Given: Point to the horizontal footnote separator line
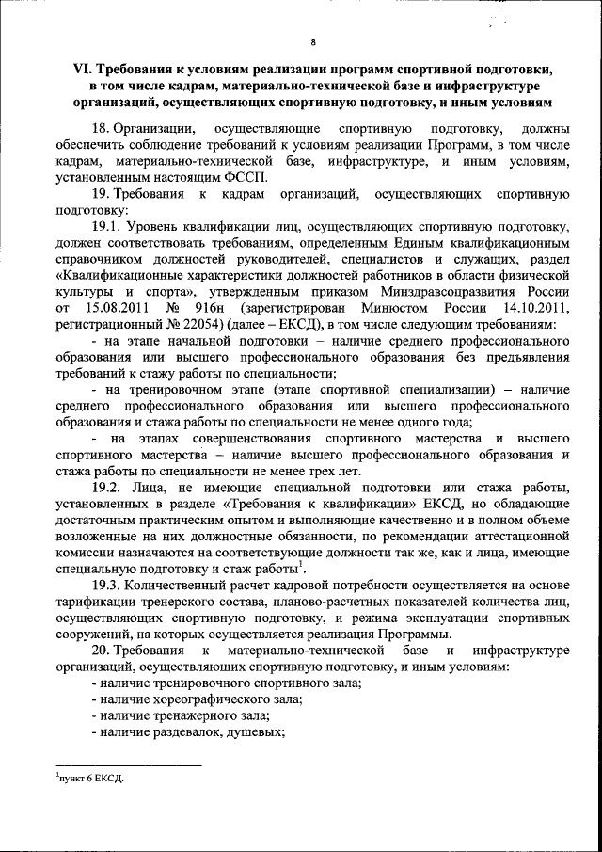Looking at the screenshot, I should pyautogui.click(x=128, y=765).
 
